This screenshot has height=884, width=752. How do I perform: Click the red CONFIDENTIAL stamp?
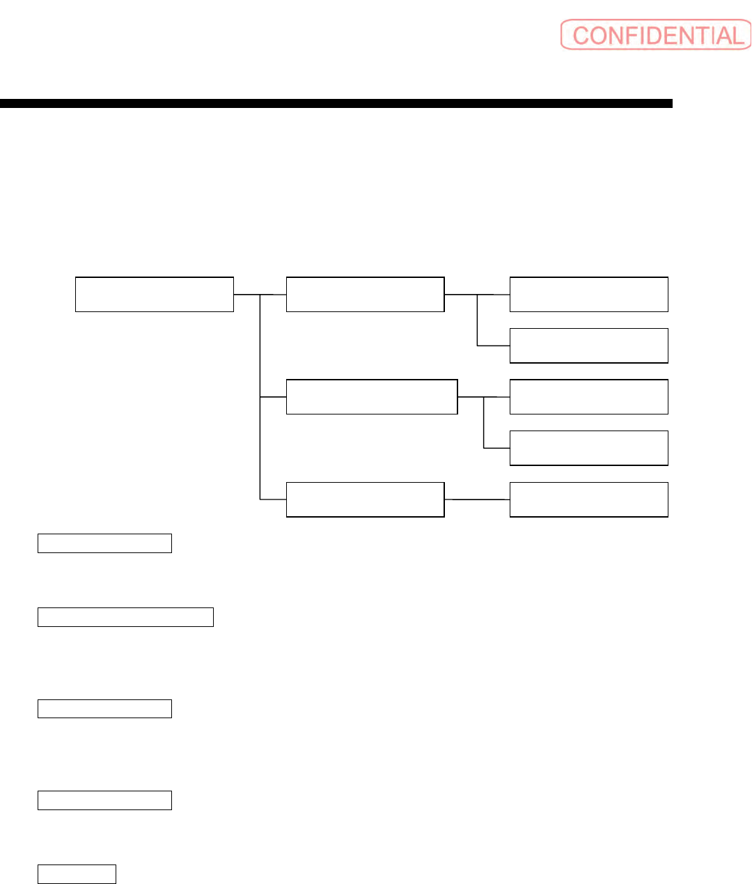point(656,35)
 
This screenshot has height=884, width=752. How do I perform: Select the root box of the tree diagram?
point(154,294)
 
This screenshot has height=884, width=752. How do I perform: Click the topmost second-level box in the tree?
point(365,294)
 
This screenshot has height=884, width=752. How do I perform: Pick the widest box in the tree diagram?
point(372,396)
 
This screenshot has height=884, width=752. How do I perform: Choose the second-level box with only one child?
point(365,499)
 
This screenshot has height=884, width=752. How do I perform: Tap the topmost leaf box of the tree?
point(588,294)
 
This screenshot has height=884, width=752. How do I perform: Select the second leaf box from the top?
point(588,346)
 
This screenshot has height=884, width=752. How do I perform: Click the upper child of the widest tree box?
point(588,396)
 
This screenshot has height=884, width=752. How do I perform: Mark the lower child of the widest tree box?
point(588,448)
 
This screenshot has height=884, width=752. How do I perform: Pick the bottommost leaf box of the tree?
point(588,499)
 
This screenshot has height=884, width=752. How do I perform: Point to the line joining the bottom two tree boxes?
point(477,499)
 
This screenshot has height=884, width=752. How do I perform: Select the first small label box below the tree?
point(104,543)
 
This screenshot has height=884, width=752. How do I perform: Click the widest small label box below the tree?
point(125,617)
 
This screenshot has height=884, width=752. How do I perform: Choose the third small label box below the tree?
point(104,708)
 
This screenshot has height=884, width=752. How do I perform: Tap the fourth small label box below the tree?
point(104,800)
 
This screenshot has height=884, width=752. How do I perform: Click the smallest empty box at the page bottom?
point(77,874)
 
